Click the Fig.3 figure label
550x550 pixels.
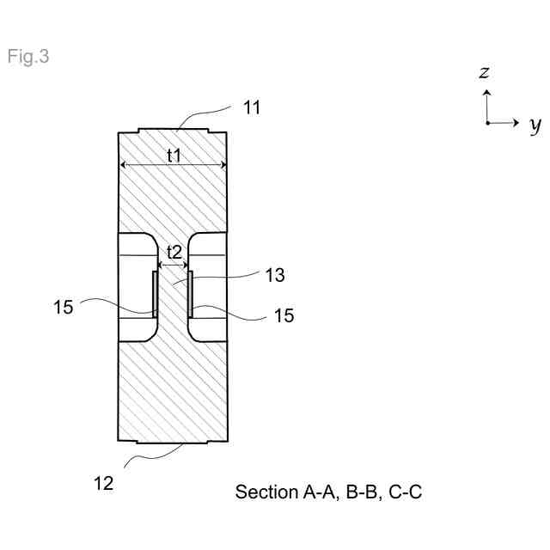28,58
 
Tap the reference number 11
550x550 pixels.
252,108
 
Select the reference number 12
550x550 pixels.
103,483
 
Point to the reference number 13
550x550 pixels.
274,276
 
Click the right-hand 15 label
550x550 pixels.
284,315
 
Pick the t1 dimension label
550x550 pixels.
174,155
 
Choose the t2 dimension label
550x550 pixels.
174,253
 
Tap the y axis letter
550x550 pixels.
535,125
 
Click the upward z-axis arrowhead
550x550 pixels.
486,90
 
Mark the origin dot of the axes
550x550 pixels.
486,123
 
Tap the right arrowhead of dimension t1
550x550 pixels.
223,165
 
